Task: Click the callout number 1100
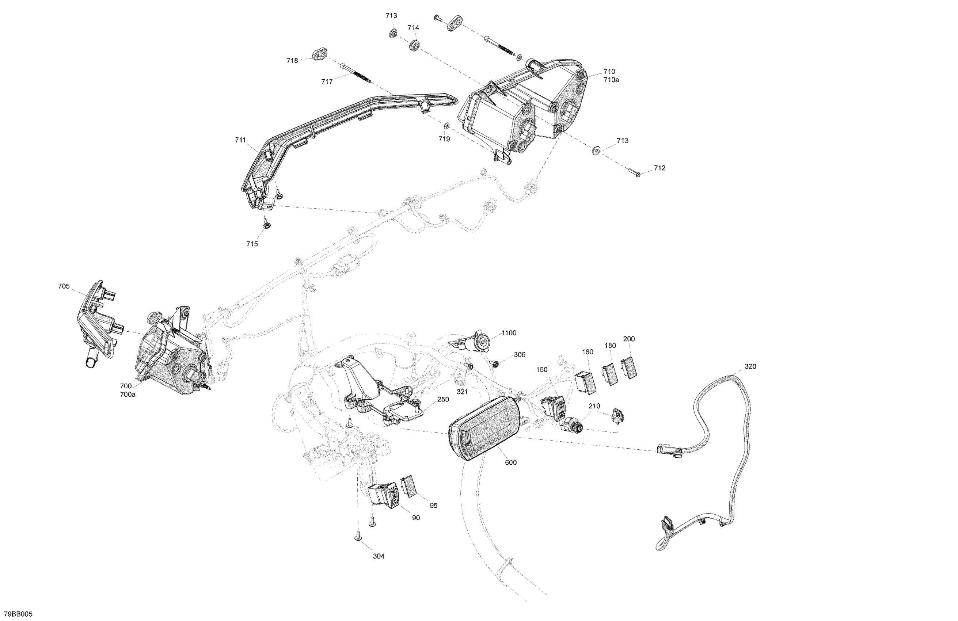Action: coord(509,333)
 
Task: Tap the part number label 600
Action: coord(510,462)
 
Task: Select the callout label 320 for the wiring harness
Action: coord(750,366)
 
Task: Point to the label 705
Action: coord(64,286)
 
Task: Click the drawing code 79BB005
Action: coord(18,614)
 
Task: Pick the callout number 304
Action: coord(379,556)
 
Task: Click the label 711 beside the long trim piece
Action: coord(240,140)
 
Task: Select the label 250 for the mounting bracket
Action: coord(443,399)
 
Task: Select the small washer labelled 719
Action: coord(446,126)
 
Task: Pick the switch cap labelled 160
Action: coord(586,382)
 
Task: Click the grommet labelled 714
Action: coord(414,45)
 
